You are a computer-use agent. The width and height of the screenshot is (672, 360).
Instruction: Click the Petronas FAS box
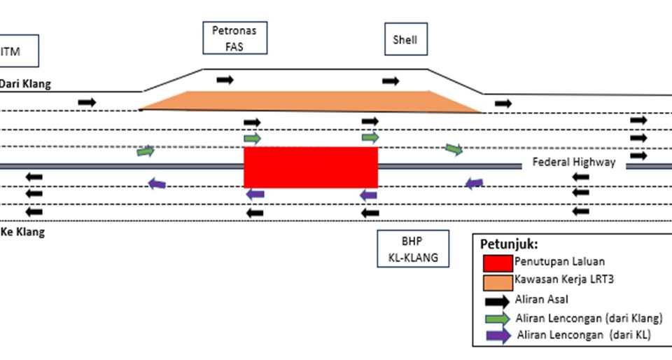pyautogui.click(x=234, y=39)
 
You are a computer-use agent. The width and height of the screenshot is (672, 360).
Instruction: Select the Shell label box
pyautogui.click(x=405, y=40)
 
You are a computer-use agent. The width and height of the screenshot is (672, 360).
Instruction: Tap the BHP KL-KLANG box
pyautogui.click(x=412, y=249)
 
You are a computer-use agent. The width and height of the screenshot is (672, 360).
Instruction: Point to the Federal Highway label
pyautogui.click(x=574, y=162)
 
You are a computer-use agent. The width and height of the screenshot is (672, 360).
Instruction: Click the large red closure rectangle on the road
pyautogui.click(x=310, y=167)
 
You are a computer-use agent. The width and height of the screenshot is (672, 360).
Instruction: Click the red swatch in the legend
pyautogui.click(x=498, y=263)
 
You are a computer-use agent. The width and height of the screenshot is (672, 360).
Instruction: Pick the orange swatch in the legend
pyautogui.click(x=498, y=282)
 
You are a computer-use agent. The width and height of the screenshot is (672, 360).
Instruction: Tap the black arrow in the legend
pyautogui.click(x=498, y=300)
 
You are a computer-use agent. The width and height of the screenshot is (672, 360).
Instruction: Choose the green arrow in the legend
pyautogui.click(x=498, y=318)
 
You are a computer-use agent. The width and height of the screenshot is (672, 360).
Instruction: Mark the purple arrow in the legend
pyautogui.click(x=498, y=335)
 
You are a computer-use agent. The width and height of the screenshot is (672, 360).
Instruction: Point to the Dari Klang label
pyautogui.click(x=25, y=84)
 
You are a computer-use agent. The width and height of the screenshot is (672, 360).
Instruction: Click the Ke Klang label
pyautogui.click(x=22, y=233)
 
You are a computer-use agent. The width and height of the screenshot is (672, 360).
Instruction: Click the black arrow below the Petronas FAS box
pyautogui.click(x=225, y=80)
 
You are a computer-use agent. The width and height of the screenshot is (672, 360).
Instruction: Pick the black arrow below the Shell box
pyautogui.click(x=391, y=81)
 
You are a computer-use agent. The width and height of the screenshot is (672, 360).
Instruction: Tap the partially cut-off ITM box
pyautogui.click(x=17, y=51)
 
